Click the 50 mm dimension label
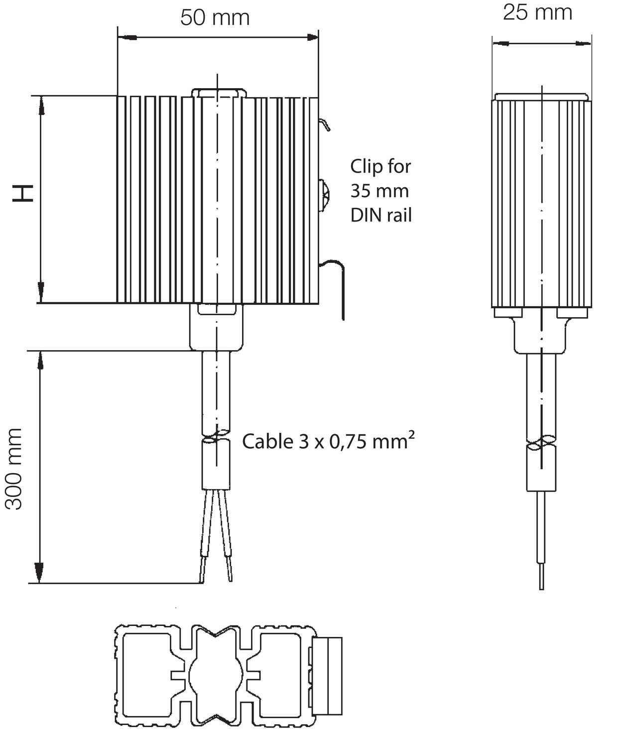(x=215, y=18)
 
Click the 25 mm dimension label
(x=537, y=12)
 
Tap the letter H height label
(x=23, y=193)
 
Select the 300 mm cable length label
(x=14, y=469)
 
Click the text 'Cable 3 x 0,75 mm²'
(x=328, y=441)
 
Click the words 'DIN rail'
(x=381, y=215)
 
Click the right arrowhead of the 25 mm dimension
(x=584, y=43)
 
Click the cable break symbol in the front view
(x=216, y=435)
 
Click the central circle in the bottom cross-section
(x=216, y=675)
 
